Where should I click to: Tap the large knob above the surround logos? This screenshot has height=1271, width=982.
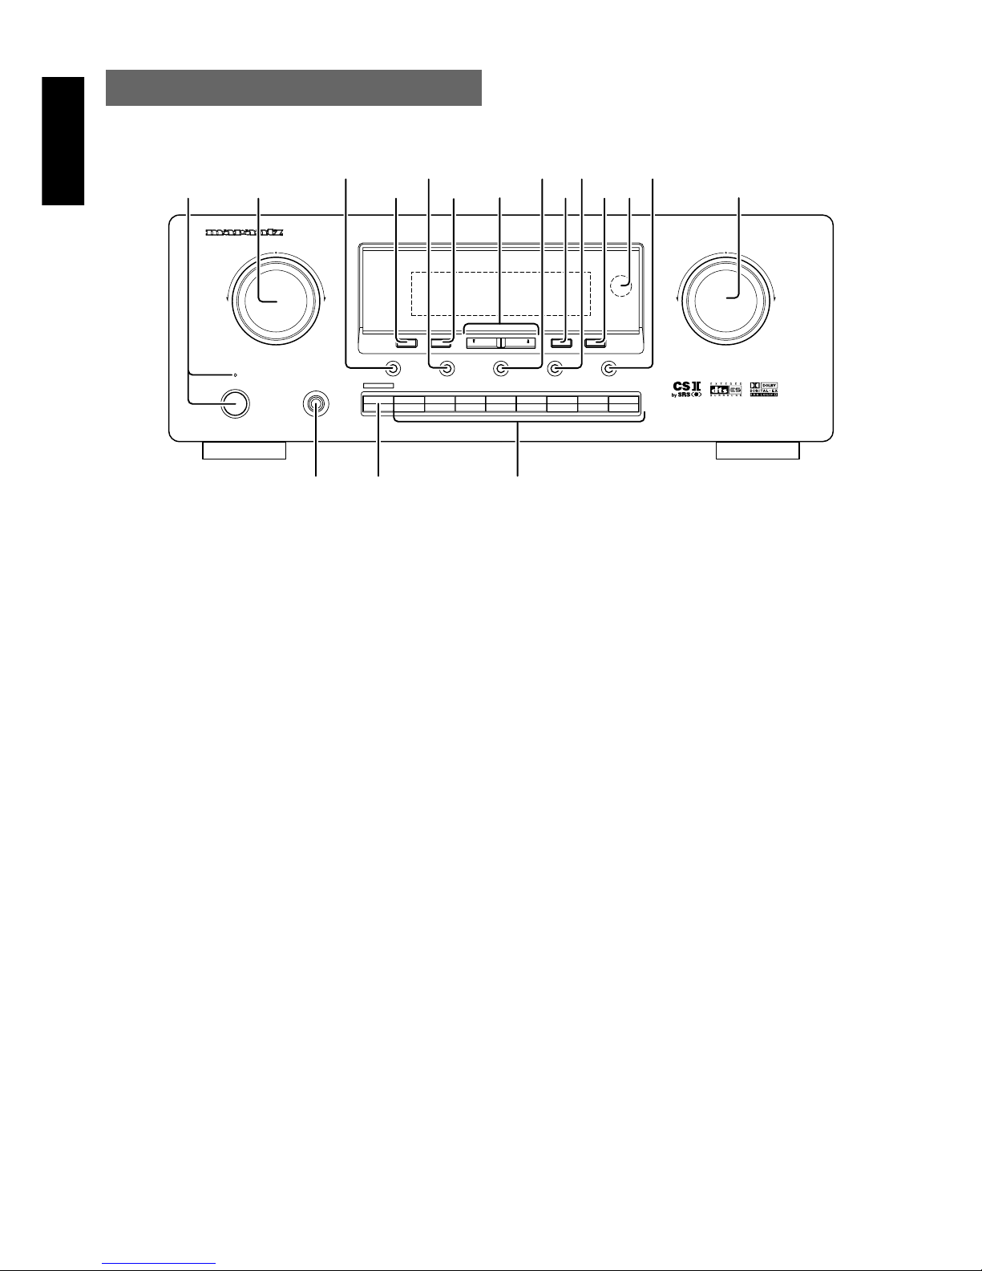(x=726, y=298)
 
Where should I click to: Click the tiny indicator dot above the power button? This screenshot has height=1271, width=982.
(x=235, y=374)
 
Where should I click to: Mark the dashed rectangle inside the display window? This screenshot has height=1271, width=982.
(x=500, y=293)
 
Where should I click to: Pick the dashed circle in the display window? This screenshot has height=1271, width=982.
(x=619, y=283)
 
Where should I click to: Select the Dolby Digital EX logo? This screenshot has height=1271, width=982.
(x=764, y=390)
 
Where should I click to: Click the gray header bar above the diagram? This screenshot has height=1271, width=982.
(x=293, y=87)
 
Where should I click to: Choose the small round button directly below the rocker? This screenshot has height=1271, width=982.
(x=500, y=369)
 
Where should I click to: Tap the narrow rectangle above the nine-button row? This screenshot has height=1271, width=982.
(x=378, y=387)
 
